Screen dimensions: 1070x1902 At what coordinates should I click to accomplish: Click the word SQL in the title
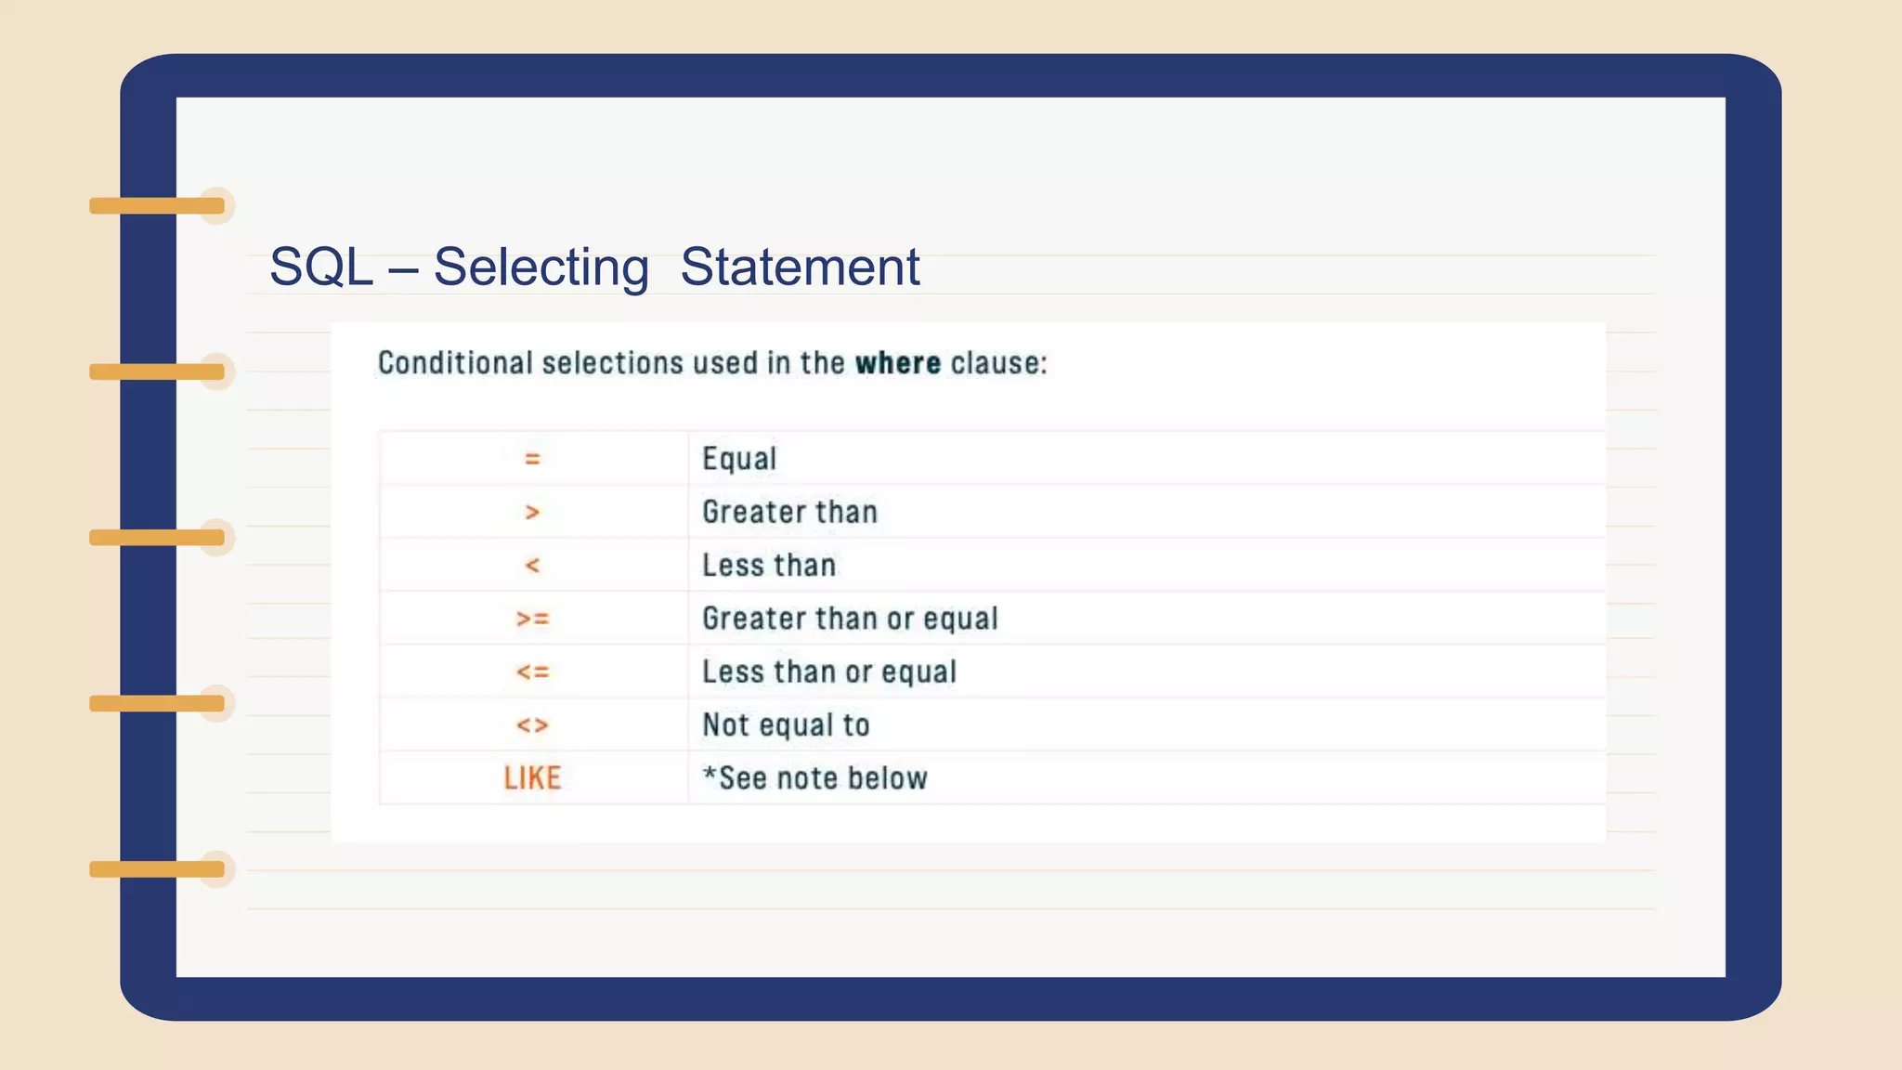[320, 267]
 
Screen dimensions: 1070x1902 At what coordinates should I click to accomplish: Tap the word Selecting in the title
[541, 267]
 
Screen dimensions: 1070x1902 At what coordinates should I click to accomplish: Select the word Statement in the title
[800, 267]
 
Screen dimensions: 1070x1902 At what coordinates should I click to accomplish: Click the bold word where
[897, 363]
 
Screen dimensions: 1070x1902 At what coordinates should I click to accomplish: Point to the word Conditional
[455, 363]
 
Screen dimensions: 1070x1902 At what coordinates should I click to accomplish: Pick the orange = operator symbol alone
[532, 459]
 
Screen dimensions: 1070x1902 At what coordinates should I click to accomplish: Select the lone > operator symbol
[532, 512]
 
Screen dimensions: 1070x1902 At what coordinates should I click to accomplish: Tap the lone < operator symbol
[532, 565]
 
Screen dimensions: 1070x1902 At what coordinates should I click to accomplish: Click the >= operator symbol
[532, 619]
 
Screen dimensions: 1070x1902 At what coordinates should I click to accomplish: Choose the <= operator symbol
[532, 672]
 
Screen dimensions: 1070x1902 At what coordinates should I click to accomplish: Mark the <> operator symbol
[532, 724]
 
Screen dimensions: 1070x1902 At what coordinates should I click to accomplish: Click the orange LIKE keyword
[532, 778]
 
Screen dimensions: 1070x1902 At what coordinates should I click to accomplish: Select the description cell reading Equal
[739, 459]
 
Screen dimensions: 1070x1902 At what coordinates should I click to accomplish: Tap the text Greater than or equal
[850, 619]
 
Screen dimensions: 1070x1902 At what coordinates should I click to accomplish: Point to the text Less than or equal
[828, 672]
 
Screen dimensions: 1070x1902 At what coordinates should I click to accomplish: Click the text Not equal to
[786, 724]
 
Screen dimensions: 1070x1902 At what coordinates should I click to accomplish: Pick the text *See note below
[814, 778]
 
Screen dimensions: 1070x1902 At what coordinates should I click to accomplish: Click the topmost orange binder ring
[157, 205]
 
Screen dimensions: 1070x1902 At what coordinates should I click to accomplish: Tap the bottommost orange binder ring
[157, 869]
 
